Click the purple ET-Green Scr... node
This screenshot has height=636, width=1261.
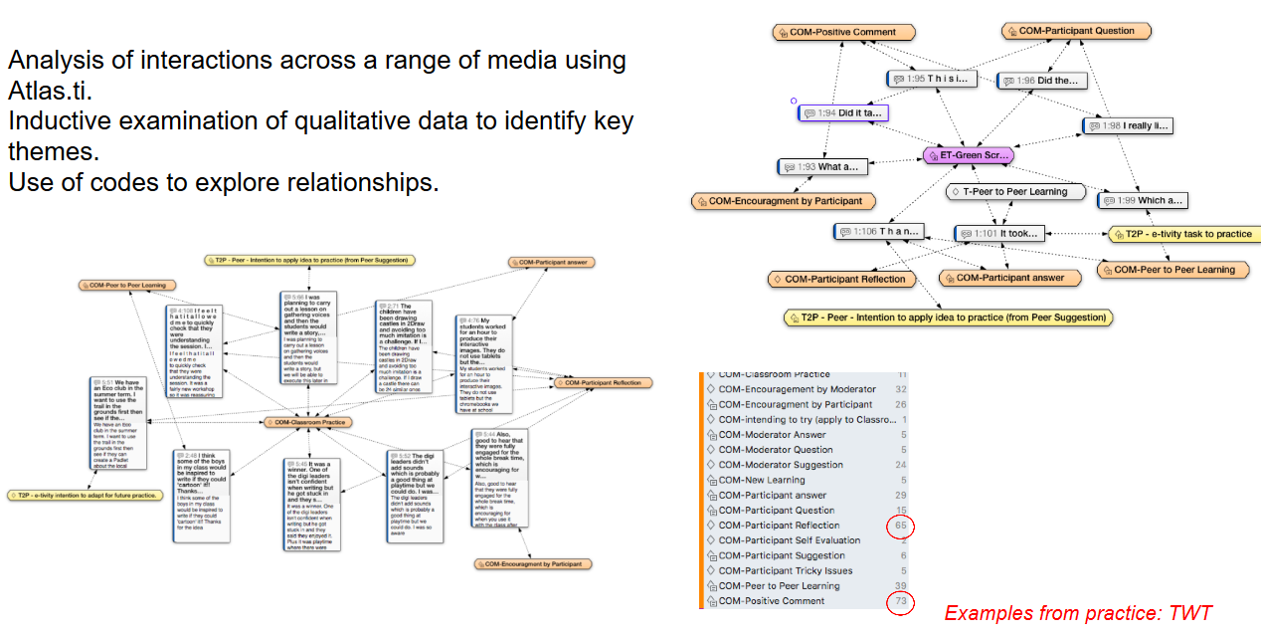[x=968, y=155]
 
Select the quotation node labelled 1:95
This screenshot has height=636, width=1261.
[x=929, y=79]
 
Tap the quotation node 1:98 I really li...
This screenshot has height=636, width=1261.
[x=1128, y=126]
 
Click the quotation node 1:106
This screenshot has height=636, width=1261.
[x=879, y=232]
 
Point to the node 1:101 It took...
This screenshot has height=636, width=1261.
[x=999, y=234]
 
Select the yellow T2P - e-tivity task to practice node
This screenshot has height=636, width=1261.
[x=1184, y=234]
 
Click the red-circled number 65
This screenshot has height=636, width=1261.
[x=900, y=526]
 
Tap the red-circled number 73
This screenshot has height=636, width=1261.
[x=900, y=601]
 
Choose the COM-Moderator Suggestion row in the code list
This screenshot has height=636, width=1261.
[x=782, y=465]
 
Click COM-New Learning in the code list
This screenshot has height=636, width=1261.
[x=762, y=480]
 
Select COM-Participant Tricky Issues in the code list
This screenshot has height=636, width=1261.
[x=786, y=571]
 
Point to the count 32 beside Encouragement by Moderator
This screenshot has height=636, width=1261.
[x=901, y=389]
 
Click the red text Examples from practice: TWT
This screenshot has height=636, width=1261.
[x=1078, y=613]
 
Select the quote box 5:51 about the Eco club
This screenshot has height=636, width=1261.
[x=117, y=423]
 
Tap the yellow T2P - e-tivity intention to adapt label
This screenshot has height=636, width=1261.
[x=84, y=495]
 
